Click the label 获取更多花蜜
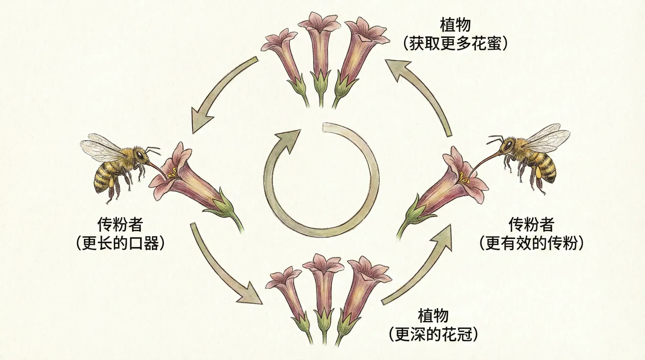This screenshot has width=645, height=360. click(x=456, y=44)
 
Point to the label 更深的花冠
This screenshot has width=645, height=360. click(x=433, y=334)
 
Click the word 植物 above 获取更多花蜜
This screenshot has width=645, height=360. click(x=456, y=25)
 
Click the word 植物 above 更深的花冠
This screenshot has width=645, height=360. click(x=433, y=316)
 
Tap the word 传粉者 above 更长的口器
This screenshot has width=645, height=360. click(x=120, y=224)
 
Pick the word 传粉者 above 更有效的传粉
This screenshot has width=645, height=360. click(x=531, y=224)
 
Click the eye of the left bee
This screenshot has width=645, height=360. click(x=139, y=155)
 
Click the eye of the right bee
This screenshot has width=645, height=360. click(x=507, y=145)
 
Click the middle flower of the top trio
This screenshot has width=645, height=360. click(x=319, y=50)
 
